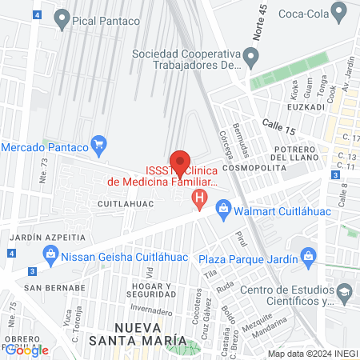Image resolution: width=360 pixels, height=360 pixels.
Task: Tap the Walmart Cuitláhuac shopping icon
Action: [x=224, y=211]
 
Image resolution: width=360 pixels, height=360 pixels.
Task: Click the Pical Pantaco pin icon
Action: [x=61, y=22]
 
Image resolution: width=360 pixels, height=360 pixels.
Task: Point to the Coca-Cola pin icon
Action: [x=341, y=13]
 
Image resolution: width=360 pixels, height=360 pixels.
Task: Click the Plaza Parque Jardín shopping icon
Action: [x=307, y=256]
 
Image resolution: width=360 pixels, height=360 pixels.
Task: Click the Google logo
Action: [x=27, y=349]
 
